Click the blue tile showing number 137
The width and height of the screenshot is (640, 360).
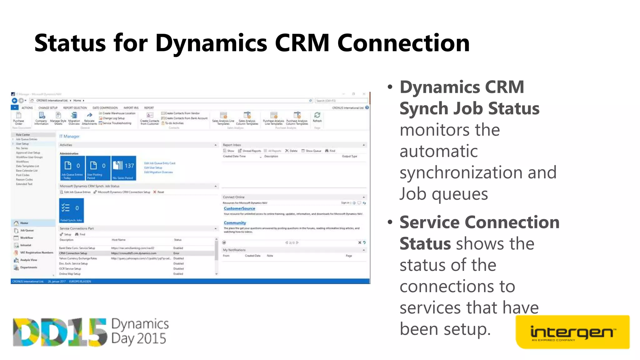(x=124, y=168)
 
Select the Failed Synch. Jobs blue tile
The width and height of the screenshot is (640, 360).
(x=72, y=210)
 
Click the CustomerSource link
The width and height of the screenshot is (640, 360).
(x=239, y=208)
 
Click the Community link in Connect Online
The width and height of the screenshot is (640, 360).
(x=235, y=223)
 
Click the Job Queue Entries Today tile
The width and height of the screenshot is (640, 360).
(x=72, y=168)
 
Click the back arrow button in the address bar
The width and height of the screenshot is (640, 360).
(x=14, y=101)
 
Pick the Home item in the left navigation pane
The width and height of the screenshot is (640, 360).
(x=24, y=223)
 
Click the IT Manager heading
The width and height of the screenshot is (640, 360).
(x=69, y=137)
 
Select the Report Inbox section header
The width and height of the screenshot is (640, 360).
(x=232, y=145)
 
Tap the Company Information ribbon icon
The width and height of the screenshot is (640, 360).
(x=42, y=118)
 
